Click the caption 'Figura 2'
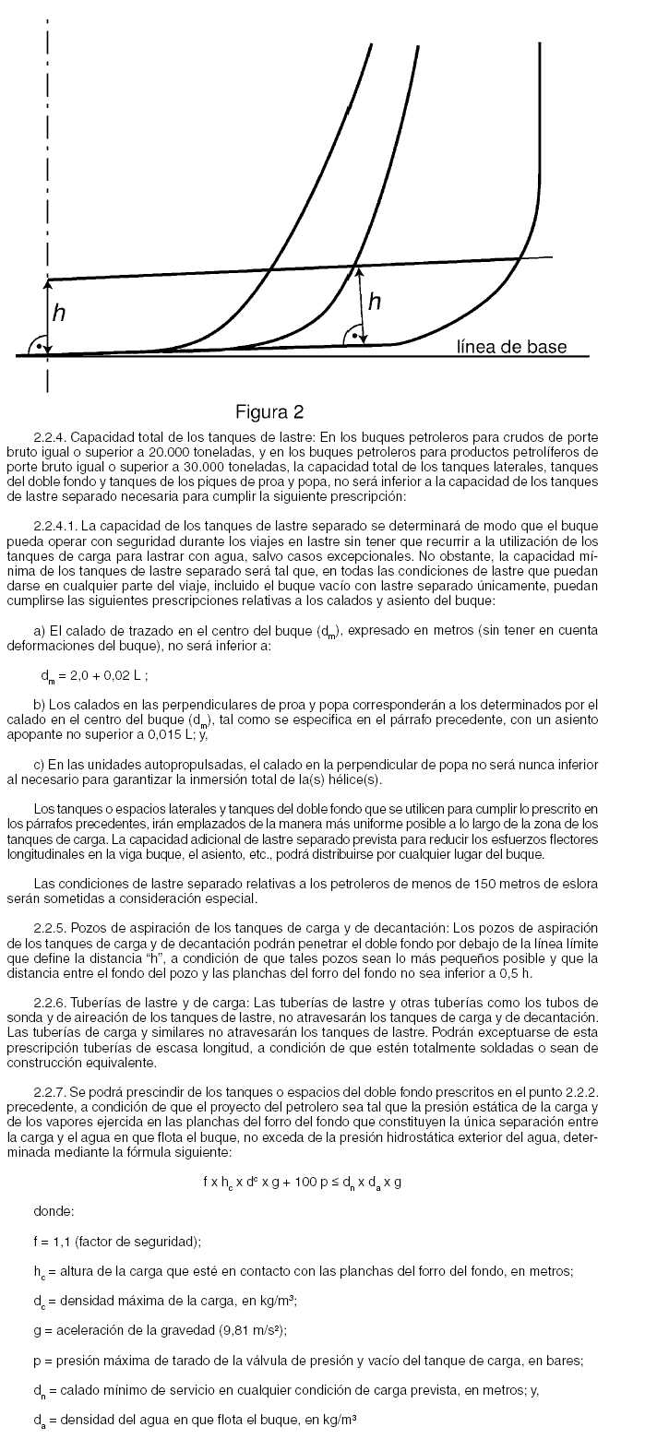click(269, 410)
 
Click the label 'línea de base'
click(511, 347)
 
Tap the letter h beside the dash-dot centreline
click(59, 313)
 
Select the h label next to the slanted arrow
click(375, 301)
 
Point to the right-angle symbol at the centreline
click(38, 344)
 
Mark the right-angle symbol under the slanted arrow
click(352, 336)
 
